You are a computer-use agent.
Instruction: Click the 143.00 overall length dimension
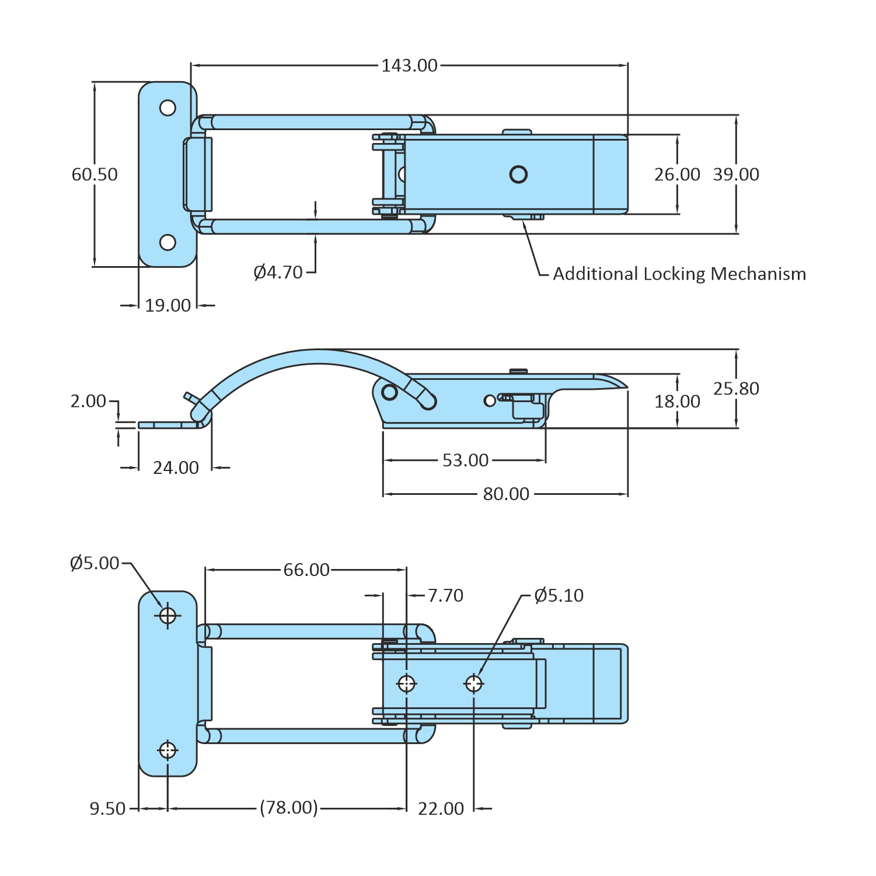pyautogui.click(x=409, y=65)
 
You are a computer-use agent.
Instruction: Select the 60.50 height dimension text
pyautogui.click(x=95, y=174)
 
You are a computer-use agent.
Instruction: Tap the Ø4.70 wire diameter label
pyautogui.click(x=278, y=272)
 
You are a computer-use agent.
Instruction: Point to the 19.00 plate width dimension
pyautogui.click(x=167, y=305)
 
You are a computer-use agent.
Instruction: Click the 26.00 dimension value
pyautogui.click(x=677, y=174)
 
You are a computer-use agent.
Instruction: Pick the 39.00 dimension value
pyautogui.click(x=736, y=174)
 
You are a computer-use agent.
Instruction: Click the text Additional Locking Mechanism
pyautogui.click(x=679, y=274)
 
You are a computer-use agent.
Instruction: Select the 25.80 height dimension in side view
pyautogui.click(x=736, y=389)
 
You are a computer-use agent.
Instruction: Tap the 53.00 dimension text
pyautogui.click(x=465, y=460)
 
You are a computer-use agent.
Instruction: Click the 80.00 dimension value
pyautogui.click(x=506, y=494)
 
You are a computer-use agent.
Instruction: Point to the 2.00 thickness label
pyautogui.click(x=88, y=401)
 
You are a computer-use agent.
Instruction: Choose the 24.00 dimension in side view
pyautogui.click(x=176, y=467)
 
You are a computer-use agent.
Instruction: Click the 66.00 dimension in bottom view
pyautogui.click(x=306, y=570)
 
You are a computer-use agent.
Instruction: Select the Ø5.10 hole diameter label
pyautogui.click(x=559, y=595)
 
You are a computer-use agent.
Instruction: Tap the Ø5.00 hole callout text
pyautogui.click(x=95, y=563)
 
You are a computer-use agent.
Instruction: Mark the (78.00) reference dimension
pyautogui.click(x=289, y=808)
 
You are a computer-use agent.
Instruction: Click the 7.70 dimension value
pyautogui.click(x=445, y=595)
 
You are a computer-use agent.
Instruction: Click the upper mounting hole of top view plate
pyautogui.click(x=167, y=108)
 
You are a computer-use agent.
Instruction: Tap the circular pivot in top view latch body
pyautogui.click(x=518, y=174)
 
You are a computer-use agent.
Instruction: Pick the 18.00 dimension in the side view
pyautogui.click(x=677, y=402)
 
